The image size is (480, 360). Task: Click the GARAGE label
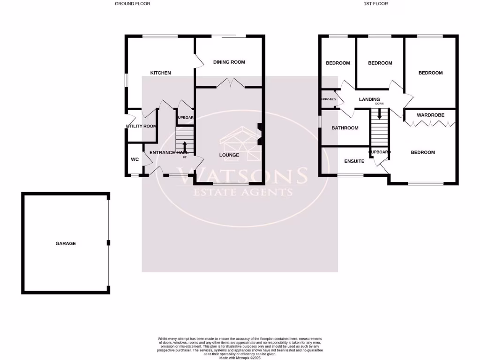66,243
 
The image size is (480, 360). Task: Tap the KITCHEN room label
160,73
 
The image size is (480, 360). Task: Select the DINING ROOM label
229,62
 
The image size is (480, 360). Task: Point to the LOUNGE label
229,155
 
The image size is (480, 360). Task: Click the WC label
135,159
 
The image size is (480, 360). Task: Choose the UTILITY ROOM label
142,126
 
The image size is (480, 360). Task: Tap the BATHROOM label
345,128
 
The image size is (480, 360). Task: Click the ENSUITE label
354,161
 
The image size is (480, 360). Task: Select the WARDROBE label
430,115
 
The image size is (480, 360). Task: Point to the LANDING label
369,99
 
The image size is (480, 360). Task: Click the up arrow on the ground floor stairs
184,146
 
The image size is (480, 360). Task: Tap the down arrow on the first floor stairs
379,114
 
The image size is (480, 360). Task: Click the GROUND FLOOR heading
133,4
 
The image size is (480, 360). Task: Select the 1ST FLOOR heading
375,4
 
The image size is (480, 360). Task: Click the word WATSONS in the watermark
248,176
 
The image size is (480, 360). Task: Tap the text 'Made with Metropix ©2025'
240,358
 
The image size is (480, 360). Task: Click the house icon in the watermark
240,143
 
